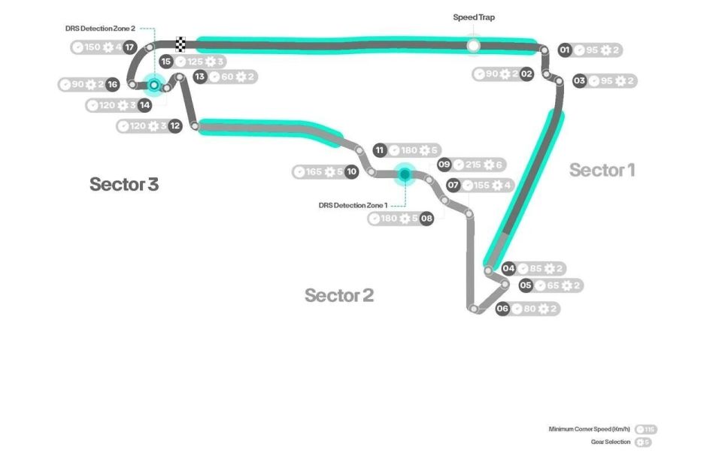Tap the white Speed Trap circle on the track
point(473,46)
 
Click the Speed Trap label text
point(474,17)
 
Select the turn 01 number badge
point(565,50)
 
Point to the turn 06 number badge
point(502,309)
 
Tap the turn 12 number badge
point(174,126)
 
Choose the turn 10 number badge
point(351,172)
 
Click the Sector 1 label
point(602,170)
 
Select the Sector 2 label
point(338,295)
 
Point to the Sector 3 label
point(124,184)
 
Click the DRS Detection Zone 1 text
point(353,204)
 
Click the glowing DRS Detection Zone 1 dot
point(404,174)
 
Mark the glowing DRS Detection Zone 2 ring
point(153,86)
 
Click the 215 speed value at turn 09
point(473,165)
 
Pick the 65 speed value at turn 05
point(553,285)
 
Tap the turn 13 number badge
point(200,77)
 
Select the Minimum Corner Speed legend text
point(591,430)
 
